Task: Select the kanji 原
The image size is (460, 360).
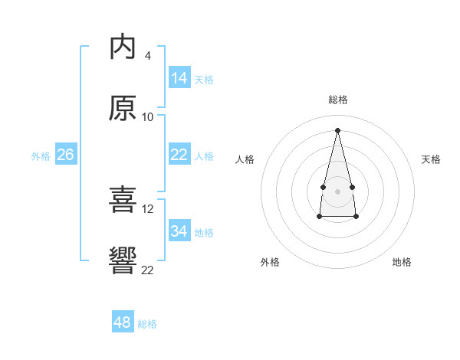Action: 123,108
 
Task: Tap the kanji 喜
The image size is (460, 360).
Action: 123,199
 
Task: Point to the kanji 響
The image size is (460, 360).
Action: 123,260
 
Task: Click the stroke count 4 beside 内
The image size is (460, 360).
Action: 147,56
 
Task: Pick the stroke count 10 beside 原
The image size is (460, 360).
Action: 147,117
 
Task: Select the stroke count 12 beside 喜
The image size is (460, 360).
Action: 147,209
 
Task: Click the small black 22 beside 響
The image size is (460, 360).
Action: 147,270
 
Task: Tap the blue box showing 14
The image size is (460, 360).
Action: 179,77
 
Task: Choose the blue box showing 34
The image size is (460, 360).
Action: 179,230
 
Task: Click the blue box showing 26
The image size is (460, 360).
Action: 66,154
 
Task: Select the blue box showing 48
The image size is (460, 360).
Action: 123,321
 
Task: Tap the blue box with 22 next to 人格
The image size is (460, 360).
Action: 179,154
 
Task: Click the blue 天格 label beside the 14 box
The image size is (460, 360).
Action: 204,80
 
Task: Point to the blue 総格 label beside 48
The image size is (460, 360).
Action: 147,324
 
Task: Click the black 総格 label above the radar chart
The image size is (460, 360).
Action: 338,100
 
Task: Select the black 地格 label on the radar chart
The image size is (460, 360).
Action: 402,262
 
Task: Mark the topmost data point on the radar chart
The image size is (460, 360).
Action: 337,130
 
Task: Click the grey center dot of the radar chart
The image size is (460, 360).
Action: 337,191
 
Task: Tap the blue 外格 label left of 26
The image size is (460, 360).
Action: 41,156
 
